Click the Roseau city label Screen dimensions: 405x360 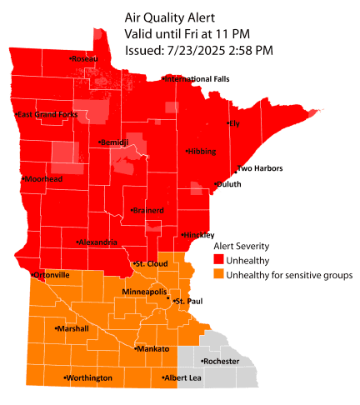(84, 59)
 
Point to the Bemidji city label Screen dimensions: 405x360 (114, 142)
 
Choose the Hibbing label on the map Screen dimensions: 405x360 (202, 152)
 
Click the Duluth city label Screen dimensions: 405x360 (227, 184)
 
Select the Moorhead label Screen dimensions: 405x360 (43, 179)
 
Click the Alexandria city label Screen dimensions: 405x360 (98, 242)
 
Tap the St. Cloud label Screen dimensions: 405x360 (152, 264)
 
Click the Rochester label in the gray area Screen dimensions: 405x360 (221, 362)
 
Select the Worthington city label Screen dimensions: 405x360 (88, 378)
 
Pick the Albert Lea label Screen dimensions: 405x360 (182, 378)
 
